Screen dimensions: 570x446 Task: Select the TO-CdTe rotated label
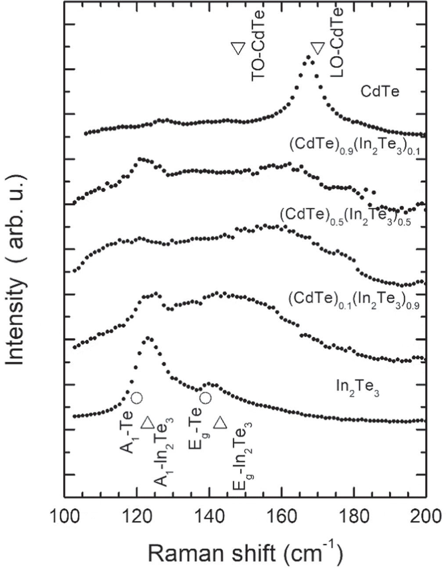258,42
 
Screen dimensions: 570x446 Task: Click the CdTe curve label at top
380,93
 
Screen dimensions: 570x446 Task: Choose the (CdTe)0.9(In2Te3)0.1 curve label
354,147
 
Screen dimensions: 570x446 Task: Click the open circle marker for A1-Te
136,398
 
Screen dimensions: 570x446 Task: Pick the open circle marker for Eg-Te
205,398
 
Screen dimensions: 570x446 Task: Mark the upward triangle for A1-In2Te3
147,423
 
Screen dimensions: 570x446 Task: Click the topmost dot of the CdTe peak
308,57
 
